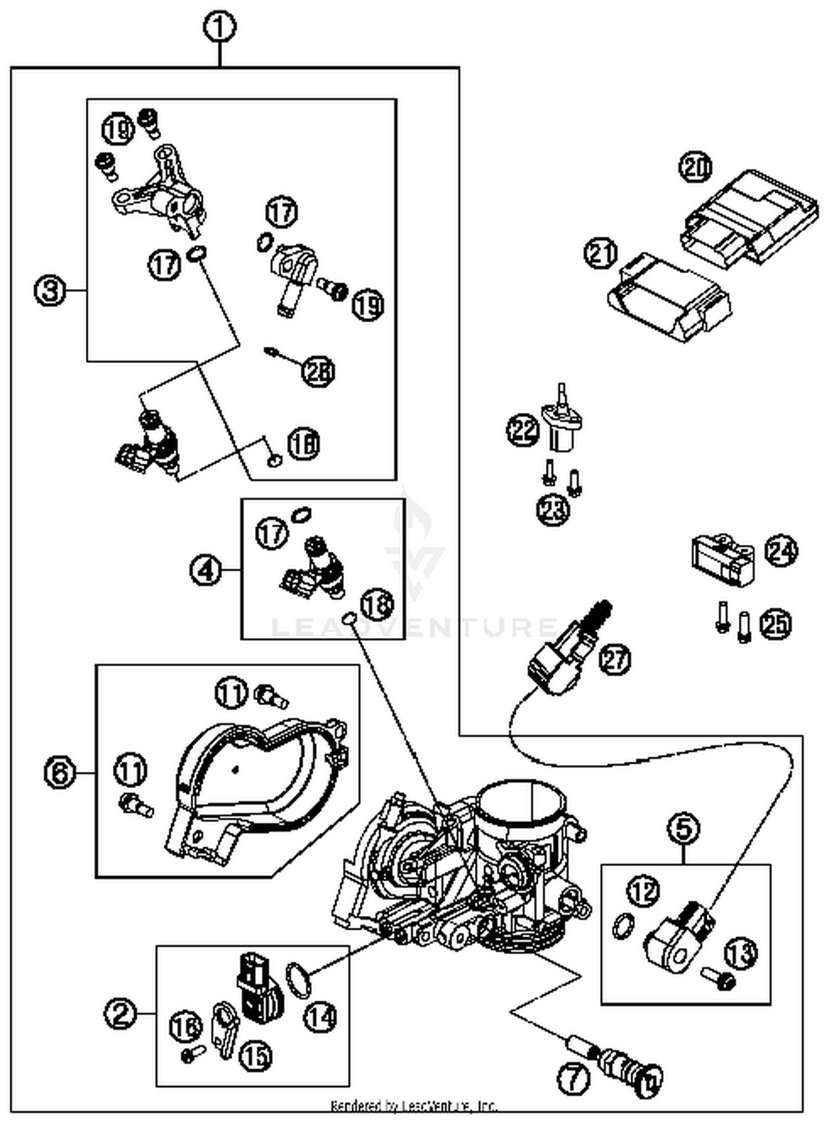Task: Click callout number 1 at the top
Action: coord(220,27)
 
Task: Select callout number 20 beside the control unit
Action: coord(695,167)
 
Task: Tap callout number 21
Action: coord(601,253)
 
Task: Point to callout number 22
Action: coord(523,429)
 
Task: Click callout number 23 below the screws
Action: coord(553,508)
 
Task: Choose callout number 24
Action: coord(781,551)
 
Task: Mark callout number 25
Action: coord(775,624)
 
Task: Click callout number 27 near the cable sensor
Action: coord(615,659)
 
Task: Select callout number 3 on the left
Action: coord(50,290)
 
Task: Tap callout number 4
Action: coord(205,570)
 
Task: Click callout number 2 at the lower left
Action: coord(120,1013)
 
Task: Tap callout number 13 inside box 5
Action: coord(741,953)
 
